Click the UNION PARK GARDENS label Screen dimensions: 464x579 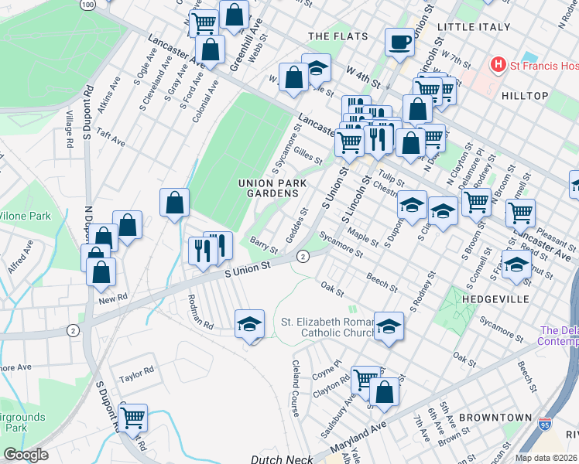point(272,188)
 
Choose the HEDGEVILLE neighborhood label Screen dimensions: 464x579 point(495,299)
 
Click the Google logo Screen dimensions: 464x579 point(26,454)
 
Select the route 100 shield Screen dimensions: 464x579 point(87,4)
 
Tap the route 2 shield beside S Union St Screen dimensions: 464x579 point(303,256)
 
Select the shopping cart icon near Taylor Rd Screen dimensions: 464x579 point(132,418)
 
